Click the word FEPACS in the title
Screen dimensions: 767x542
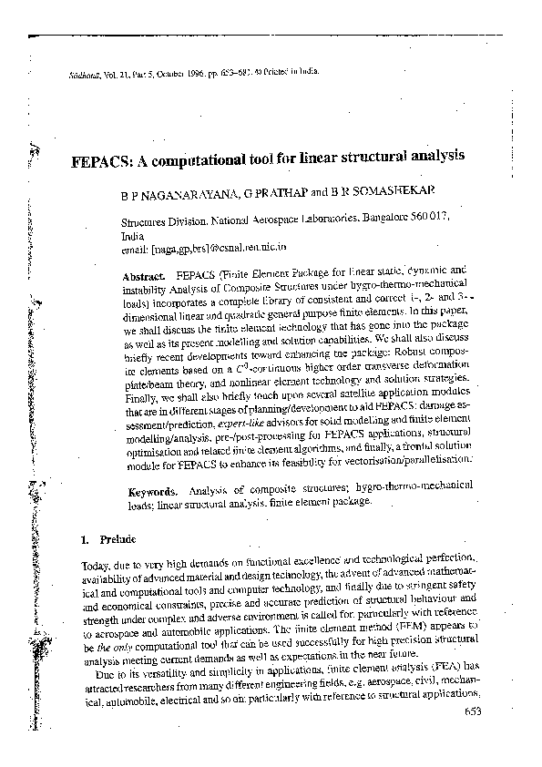[x=101, y=156]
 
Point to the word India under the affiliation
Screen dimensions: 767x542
[x=132, y=234]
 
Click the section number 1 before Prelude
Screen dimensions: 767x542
[x=84, y=538]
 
